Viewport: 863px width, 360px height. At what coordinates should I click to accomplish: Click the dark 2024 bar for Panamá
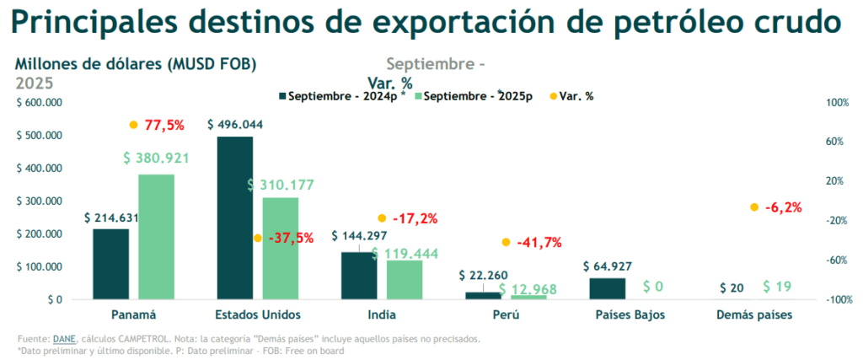(x=110, y=263)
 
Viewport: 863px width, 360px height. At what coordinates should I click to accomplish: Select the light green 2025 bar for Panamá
(x=156, y=236)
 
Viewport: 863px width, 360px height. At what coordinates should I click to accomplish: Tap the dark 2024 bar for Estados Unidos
(x=234, y=218)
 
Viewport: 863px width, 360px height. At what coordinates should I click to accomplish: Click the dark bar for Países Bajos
(x=607, y=287)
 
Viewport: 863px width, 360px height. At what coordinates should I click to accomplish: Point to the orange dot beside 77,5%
(x=133, y=125)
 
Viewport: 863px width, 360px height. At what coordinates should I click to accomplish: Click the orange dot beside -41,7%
(x=506, y=242)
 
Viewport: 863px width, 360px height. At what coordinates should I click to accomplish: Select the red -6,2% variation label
(x=783, y=207)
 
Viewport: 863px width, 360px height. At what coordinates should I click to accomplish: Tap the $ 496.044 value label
(x=235, y=124)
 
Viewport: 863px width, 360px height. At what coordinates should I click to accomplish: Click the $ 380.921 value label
(x=156, y=158)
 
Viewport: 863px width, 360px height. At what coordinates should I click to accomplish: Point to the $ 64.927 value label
(x=608, y=266)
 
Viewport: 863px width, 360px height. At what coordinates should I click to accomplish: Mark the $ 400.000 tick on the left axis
(x=40, y=168)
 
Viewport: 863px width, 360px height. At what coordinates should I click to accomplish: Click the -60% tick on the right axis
(x=837, y=260)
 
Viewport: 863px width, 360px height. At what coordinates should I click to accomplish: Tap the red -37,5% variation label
(x=290, y=239)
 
